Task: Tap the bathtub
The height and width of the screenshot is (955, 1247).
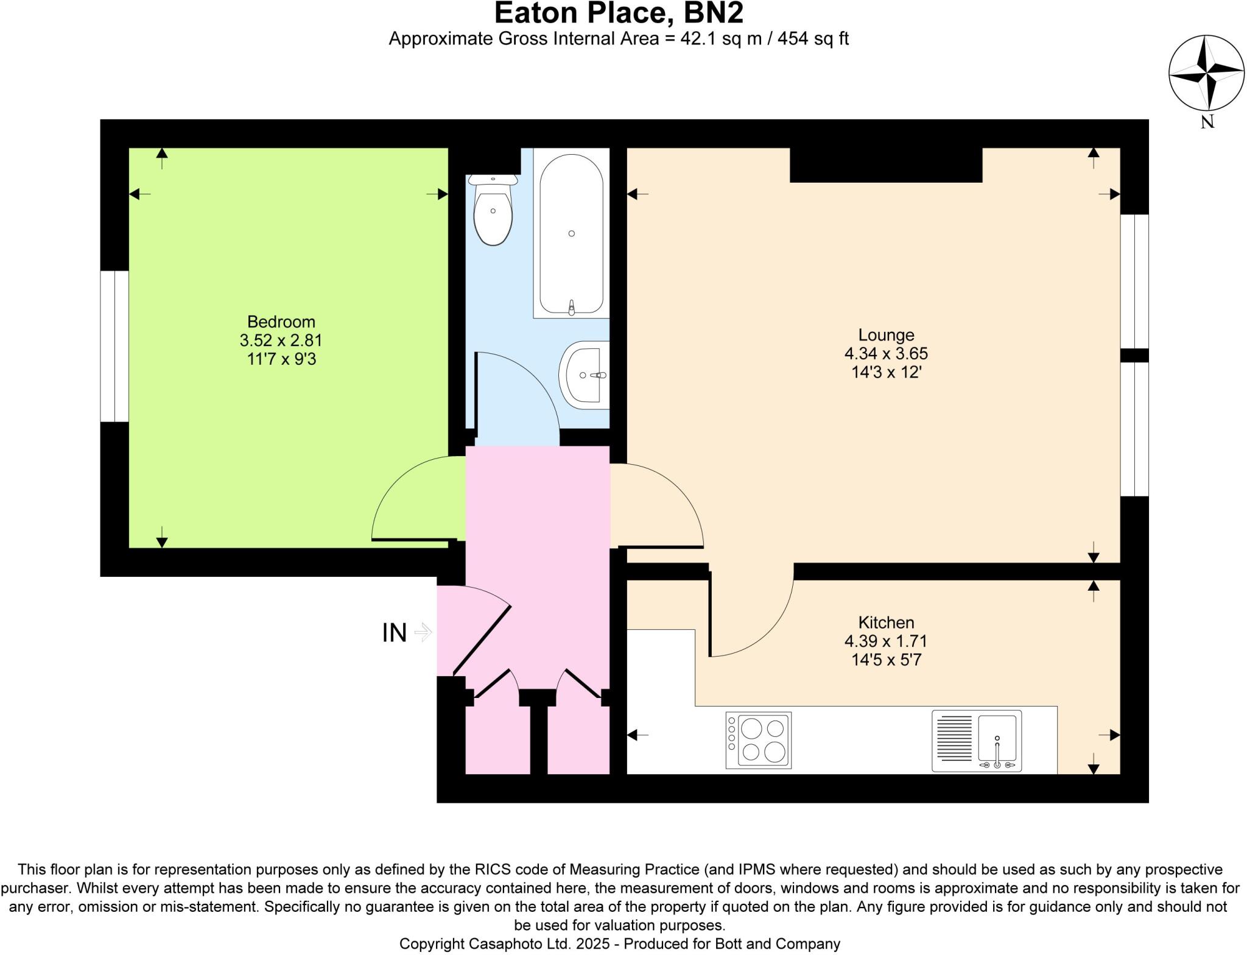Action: (571, 234)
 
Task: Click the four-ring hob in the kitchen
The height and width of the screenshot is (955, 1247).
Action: (758, 740)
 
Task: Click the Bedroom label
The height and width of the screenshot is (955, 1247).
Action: (281, 322)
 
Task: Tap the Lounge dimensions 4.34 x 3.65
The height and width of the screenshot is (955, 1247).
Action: (886, 353)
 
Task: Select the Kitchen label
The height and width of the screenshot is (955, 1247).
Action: (886, 622)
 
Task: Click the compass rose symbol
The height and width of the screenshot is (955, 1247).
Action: (1206, 73)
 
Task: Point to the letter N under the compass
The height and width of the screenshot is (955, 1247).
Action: (1207, 122)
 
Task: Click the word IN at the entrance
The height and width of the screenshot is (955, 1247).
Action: (394, 633)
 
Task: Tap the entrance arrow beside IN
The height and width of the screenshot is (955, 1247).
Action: (423, 633)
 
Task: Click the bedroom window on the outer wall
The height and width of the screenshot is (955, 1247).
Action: (114, 346)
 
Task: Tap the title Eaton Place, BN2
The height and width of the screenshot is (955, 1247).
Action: (619, 13)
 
